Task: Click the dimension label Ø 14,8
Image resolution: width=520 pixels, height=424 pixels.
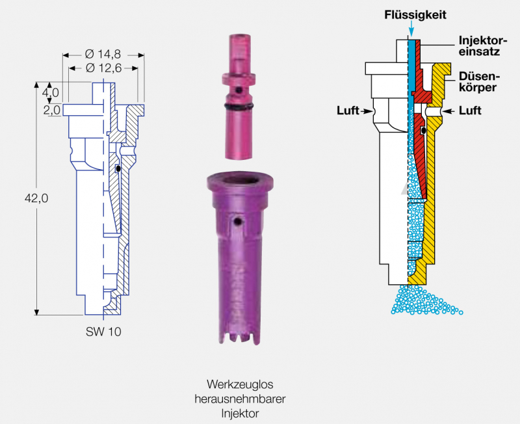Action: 103,55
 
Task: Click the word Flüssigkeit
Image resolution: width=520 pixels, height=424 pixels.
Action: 415,14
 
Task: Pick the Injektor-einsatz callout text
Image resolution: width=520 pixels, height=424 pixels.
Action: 479,45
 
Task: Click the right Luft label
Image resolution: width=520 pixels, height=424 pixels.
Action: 470,111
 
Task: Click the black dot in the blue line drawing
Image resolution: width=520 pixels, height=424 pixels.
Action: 118,169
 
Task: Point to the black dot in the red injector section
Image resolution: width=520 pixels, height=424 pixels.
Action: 423,131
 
